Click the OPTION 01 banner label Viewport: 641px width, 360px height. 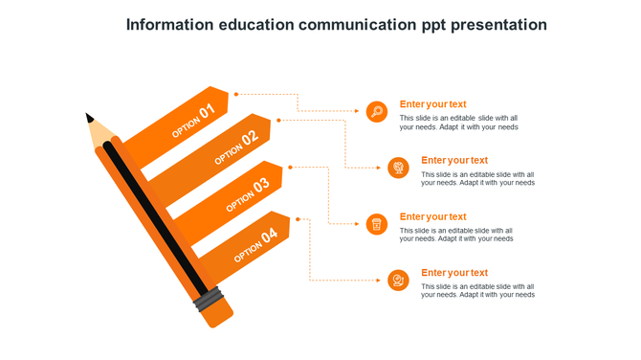(x=193, y=121)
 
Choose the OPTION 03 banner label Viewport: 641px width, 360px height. (x=248, y=194)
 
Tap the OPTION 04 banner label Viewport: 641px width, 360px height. (x=255, y=243)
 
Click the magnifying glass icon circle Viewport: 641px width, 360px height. (x=377, y=112)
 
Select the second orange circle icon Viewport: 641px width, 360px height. (x=398, y=169)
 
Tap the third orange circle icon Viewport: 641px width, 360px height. (x=377, y=224)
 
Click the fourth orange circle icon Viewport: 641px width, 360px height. (x=398, y=281)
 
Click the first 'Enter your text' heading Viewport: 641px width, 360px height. (x=432, y=104)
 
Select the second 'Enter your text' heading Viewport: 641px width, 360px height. (x=454, y=160)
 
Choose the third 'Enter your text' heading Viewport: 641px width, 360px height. (x=432, y=216)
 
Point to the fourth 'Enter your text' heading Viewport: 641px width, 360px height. (x=454, y=273)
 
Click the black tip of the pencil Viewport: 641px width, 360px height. (x=90, y=118)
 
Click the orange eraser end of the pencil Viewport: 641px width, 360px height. (x=220, y=316)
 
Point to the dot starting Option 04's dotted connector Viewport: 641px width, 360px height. (x=298, y=219)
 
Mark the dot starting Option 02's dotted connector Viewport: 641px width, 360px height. (x=278, y=120)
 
